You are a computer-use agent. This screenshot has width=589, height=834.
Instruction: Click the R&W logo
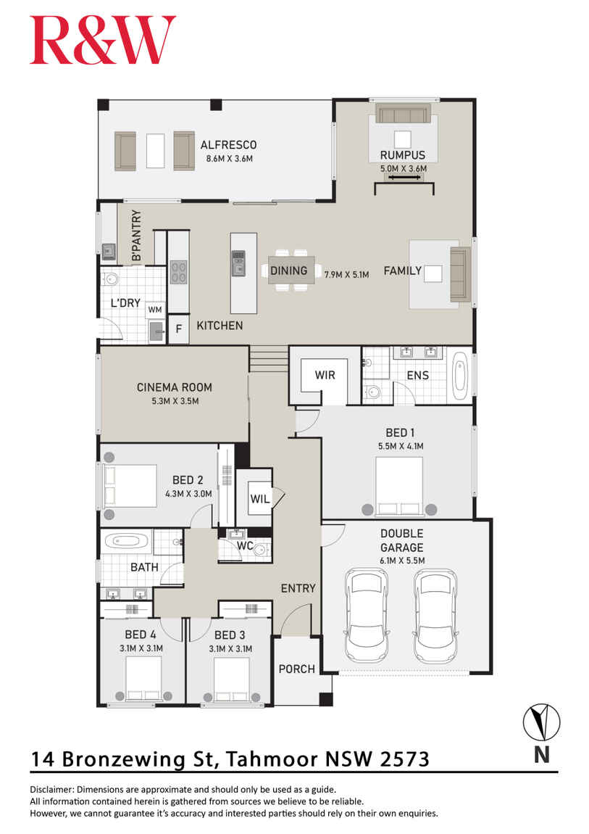click(x=102, y=41)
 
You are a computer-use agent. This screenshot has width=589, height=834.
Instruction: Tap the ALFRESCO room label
click(x=228, y=144)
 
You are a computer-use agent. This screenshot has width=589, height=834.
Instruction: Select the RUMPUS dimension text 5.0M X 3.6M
click(x=404, y=168)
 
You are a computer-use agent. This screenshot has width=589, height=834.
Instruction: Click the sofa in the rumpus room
click(x=403, y=114)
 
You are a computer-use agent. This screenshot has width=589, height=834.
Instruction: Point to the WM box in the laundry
click(x=154, y=310)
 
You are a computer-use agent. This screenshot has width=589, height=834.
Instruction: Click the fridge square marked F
click(x=178, y=329)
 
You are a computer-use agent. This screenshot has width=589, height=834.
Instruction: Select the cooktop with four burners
click(x=178, y=272)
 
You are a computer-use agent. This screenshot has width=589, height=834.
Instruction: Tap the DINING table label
click(x=288, y=271)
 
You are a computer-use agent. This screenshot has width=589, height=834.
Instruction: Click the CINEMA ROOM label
click(x=174, y=387)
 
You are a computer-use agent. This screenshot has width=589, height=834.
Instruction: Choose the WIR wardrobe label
click(x=325, y=375)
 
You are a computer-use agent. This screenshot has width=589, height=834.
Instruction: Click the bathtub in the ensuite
click(x=461, y=375)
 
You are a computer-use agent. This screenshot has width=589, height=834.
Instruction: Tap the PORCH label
click(x=297, y=669)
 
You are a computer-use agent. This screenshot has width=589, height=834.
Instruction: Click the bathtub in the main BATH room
click(x=126, y=541)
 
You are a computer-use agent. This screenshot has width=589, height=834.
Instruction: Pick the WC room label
click(x=245, y=545)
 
